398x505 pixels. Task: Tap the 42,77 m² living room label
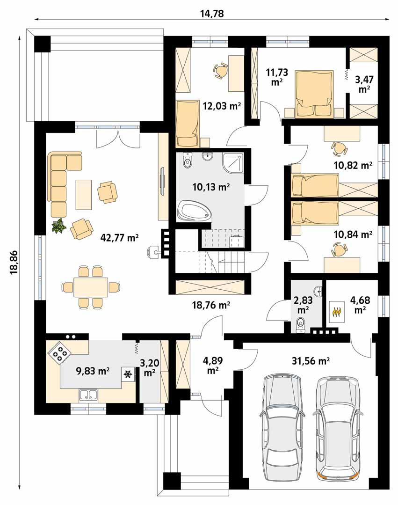[x=120, y=237]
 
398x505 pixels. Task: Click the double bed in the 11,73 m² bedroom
[x=314, y=94]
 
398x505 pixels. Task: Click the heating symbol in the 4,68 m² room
[x=336, y=310]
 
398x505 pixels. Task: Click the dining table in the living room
[x=91, y=287]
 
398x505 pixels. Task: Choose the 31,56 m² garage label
[x=310, y=361]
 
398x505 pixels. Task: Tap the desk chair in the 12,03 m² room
[x=221, y=71]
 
